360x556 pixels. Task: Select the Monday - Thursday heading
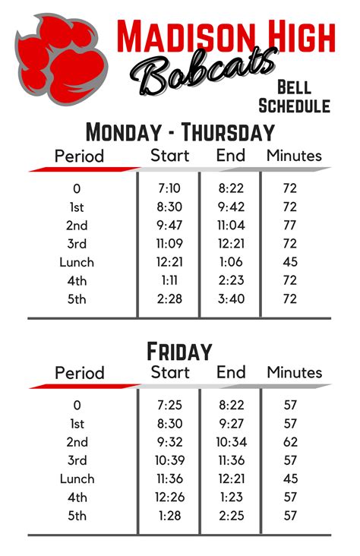point(179,132)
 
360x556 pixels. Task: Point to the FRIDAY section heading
point(179,352)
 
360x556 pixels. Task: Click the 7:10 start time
point(169,188)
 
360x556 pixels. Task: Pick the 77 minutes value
point(289,225)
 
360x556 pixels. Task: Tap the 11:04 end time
point(230,225)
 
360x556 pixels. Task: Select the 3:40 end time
point(230,299)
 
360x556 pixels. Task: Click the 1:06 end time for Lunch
point(230,262)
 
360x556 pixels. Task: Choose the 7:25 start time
point(169,406)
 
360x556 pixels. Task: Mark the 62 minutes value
point(289,442)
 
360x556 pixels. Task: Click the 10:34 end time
point(230,442)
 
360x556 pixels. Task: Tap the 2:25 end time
point(230,516)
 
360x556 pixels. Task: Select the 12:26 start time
point(169,498)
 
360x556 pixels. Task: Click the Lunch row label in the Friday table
point(77,479)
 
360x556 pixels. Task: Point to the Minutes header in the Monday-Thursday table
point(294,156)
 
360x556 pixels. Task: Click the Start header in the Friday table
point(170,372)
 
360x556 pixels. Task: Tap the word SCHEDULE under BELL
point(295,106)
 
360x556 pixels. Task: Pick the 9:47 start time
point(169,225)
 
